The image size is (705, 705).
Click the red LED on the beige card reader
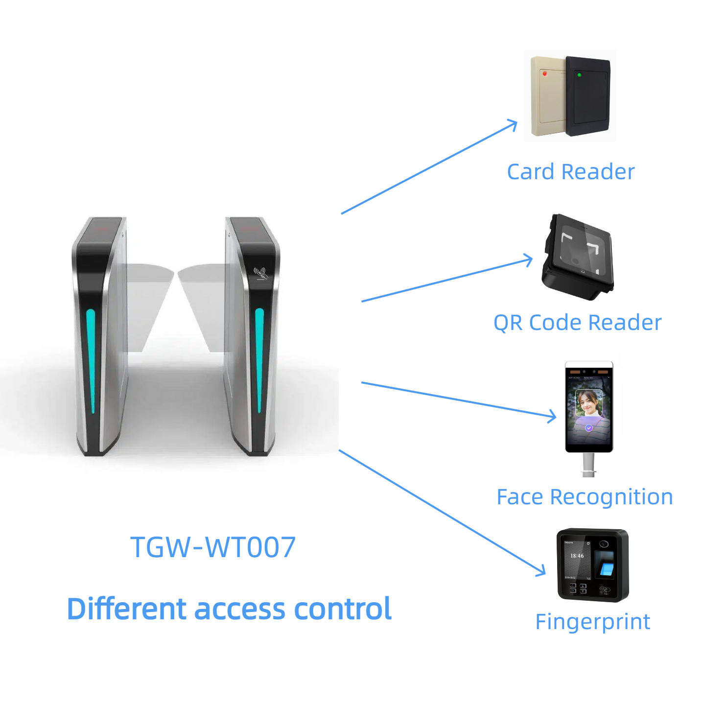(x=544, y=74)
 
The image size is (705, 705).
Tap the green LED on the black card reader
(x=579, y=75)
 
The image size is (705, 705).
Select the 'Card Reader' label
(x=570, y=172)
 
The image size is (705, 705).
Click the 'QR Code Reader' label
(x=577, y=323)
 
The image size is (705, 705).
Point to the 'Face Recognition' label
(x=585, y=497)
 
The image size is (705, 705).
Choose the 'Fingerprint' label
(x=592, y=622)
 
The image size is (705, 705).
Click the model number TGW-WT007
(x=213, y=547)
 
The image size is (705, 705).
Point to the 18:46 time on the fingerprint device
(x=577, y=556)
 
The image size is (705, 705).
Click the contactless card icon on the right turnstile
(x=261, y=273)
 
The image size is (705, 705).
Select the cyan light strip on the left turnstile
(x=91, y=360)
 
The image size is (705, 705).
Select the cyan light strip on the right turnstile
(x=259, y=360)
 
